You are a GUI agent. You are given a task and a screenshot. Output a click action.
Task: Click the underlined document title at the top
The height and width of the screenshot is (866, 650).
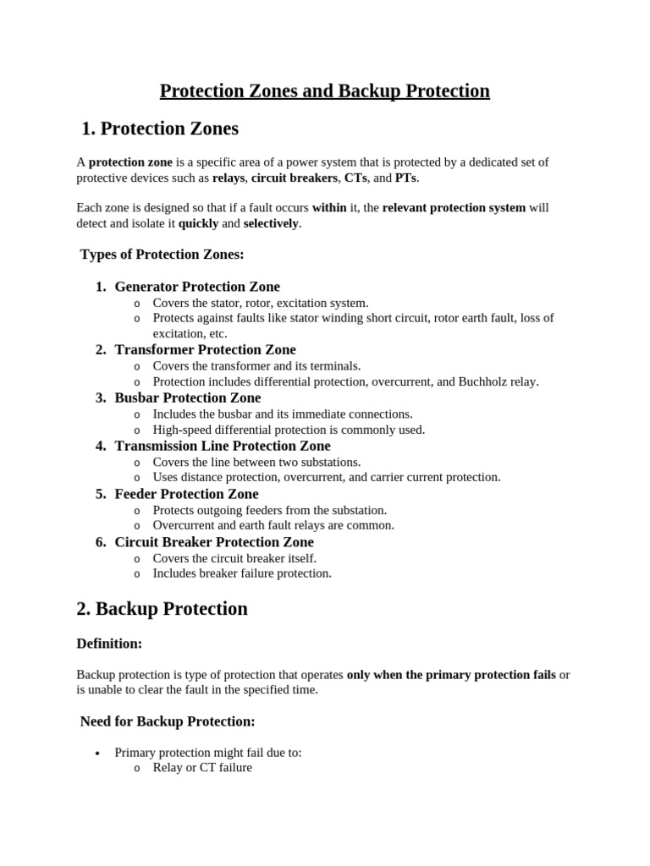coord(325,90)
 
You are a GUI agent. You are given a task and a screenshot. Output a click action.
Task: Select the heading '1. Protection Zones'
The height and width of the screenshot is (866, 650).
coord(160,129)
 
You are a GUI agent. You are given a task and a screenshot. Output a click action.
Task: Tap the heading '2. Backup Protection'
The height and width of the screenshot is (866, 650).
coord(162,609)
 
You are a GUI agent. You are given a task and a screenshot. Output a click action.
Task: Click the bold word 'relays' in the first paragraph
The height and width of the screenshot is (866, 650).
coord(229,178)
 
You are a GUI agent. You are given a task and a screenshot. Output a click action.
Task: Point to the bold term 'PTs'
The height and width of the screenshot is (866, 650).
coord(405,178)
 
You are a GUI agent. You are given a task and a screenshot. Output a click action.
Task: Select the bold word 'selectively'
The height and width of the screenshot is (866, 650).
coord(271,224)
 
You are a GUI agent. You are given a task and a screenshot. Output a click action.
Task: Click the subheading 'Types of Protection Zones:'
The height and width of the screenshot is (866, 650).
coord(162,255)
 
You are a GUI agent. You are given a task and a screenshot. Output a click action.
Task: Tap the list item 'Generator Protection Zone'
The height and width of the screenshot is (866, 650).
coord(197,287)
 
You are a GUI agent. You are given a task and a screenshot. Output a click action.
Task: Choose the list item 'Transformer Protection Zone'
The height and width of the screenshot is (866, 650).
coord(206,350)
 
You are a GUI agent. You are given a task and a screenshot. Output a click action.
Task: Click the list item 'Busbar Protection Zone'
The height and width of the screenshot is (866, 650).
coord(188,398)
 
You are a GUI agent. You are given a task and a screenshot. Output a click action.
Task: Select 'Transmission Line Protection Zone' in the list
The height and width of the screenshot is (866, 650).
coord(223,447)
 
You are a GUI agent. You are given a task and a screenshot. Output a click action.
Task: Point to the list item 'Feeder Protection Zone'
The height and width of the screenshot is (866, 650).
coord(187,495)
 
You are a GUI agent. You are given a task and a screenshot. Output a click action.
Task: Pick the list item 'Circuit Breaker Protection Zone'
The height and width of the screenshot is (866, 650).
coord(214,542)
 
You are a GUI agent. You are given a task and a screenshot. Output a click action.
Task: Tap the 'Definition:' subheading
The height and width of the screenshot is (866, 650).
coord(109,644)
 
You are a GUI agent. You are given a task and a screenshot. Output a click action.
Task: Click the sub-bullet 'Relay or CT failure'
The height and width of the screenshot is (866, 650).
coord(202,768)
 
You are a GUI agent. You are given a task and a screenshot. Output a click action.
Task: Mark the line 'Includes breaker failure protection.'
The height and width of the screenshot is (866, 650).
coord(242,573)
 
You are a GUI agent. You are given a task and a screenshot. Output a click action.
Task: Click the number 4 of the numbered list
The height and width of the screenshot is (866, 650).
coord(101,447)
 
